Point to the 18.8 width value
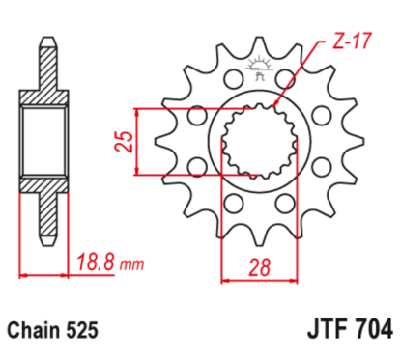coord(94,262)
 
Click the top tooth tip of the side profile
coord(44,43)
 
